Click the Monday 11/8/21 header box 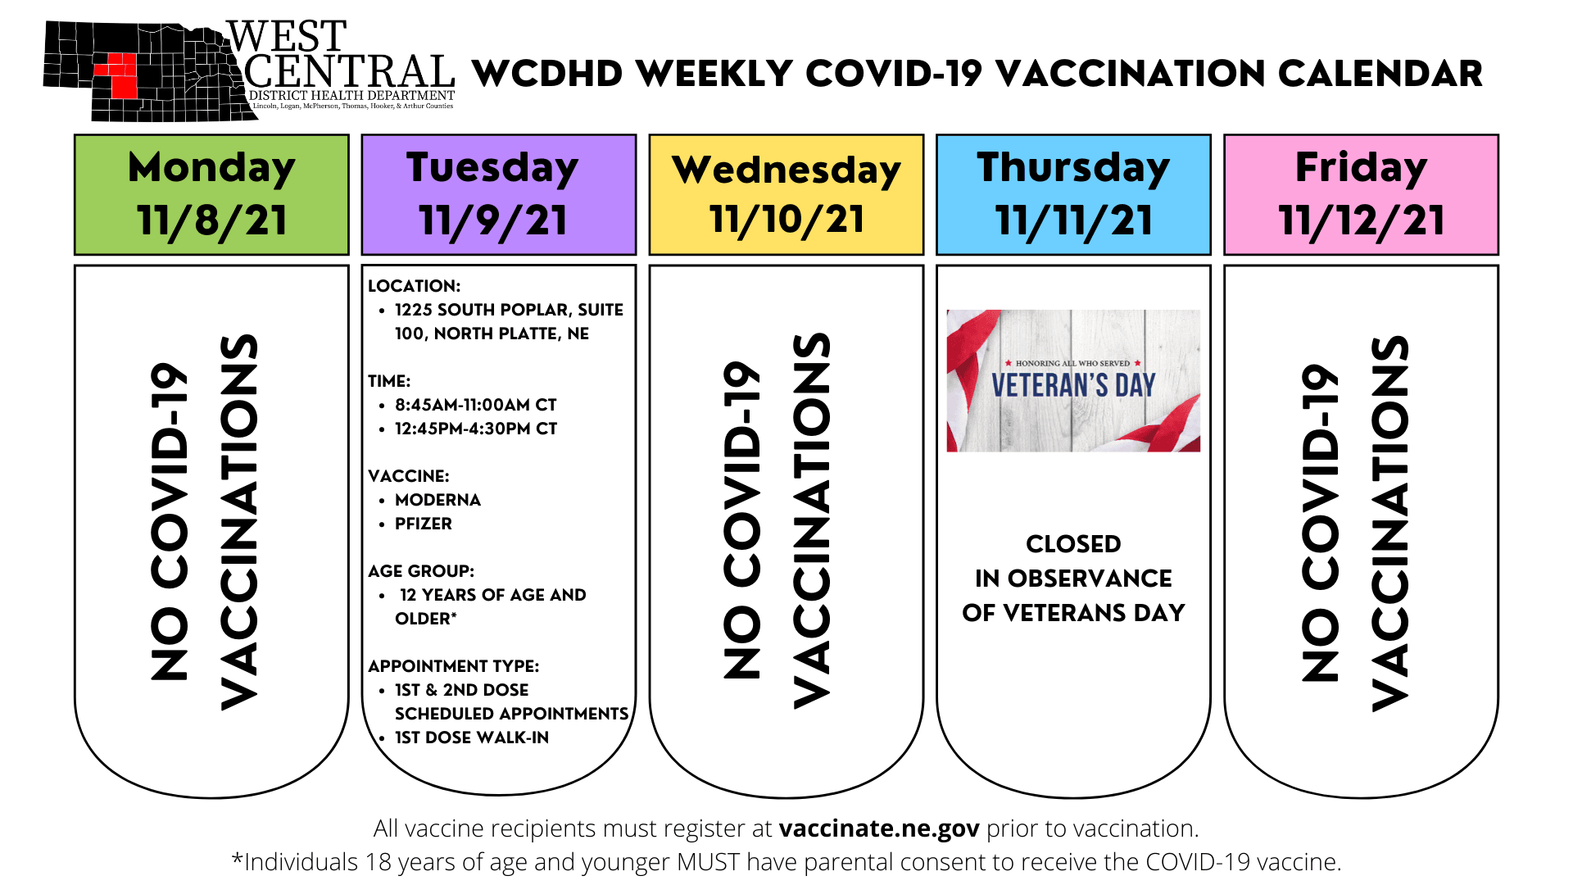tap(211, 195)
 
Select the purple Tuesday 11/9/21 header tap(499, 195)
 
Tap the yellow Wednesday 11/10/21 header tap(786, 195)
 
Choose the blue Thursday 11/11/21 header tap(1073, 195)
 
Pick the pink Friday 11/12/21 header tap(1361, 195)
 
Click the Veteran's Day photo tap(1073, 380)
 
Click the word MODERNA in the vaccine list tap(437, 500)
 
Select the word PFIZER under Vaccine tap(424, 524)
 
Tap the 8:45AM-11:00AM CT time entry tap(475, 405)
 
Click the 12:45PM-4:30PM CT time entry tap(476, 429)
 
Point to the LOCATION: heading tap(414, 286)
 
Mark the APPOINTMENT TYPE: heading tap(453, 666)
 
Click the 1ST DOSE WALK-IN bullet tap(472, 737)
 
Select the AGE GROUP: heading tap(421, 571)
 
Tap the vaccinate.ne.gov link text tap(879, 829)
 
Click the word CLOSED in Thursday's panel tap(1073, 544)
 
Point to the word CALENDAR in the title tap(1380, 74)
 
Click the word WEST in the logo tap(287, 38)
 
